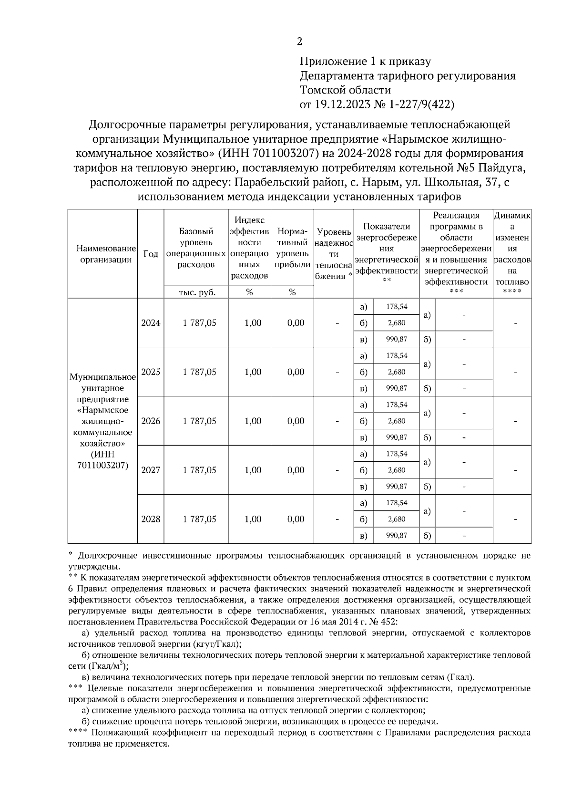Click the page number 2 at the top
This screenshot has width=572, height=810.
click(x=299, y=42)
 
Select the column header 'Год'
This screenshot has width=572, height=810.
click(x=151, y=254)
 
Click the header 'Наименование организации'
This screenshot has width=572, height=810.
click(x=103, y=254)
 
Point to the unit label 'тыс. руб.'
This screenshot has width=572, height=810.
click(x=196, y=293)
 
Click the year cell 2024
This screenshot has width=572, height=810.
click(x=151, y=323)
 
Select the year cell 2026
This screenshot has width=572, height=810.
click(x=151, y=421)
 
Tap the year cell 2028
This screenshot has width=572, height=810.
click(x=151, y=519)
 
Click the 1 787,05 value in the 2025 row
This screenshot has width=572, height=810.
click(x=199, y=372)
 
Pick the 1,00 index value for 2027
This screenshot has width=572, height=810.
click(x=253, y=470)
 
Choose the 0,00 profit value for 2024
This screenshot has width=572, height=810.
click(x=296, y=323)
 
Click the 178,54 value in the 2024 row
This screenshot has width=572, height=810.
click(x=397, y=307)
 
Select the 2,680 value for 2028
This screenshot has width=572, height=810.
click(x=397, y=519)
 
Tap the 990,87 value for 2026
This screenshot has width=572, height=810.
click(x=397, y=437)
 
